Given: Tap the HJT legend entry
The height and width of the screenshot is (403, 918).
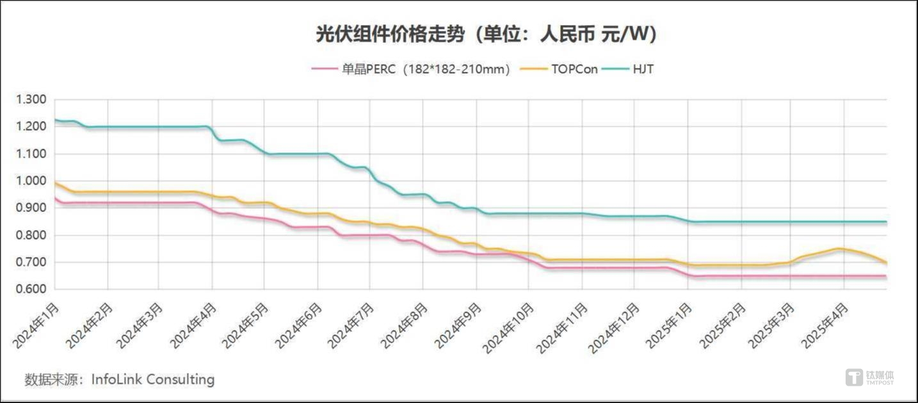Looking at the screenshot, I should (643, 69).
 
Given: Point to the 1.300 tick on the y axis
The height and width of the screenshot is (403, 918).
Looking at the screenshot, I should (31, 99).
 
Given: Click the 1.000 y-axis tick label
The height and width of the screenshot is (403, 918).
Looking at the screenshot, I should (31, 181).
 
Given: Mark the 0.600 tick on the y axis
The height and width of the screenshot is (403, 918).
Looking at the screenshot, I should (31, 290).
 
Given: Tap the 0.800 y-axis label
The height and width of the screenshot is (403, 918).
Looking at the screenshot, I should (31, 235).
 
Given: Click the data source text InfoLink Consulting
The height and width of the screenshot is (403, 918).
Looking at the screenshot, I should (152, 379).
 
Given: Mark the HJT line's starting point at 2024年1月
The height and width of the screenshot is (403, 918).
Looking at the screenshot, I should (56, 120).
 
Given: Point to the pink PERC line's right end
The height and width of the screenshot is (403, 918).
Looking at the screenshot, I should (886, 276).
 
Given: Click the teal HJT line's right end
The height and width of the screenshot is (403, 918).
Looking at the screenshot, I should (886, 222).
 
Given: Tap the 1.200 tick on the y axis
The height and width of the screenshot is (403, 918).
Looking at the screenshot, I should (31, 126).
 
